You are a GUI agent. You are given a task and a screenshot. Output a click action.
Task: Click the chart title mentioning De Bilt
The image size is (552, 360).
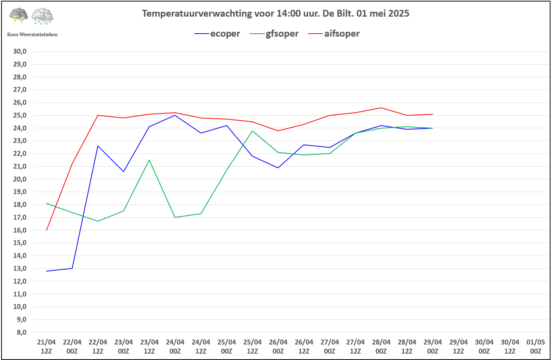click(x=275, y=14)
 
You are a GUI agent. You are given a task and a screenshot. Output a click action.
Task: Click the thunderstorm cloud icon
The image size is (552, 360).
click(x=19, y=16)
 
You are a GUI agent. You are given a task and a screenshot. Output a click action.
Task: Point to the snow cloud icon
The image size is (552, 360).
click(x=42, y=16)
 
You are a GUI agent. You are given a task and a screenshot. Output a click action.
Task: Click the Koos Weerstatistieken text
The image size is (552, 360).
click(x=32, y=34)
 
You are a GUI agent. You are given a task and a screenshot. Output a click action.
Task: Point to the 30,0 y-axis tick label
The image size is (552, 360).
click(x=20, y=51)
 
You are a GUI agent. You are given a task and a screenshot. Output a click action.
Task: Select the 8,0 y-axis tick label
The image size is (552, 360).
click(x=22, y=332)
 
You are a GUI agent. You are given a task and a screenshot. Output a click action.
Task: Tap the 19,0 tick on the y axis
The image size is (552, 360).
click(x=20, y=192)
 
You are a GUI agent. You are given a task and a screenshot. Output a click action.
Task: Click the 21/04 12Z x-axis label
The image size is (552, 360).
click(x=46, y=346)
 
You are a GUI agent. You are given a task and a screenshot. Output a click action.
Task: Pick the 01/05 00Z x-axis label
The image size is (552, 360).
click(x=535, y=346)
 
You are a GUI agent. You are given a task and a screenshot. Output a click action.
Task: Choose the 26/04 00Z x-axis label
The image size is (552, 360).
click(x=278, y=346)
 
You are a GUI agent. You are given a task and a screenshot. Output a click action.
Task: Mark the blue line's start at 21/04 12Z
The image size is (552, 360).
click(x=46, y=271)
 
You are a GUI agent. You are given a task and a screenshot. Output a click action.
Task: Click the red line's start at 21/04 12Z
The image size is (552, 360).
click(x=46, y=230)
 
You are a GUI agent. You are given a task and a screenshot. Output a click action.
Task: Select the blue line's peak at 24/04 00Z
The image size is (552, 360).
click(x=175, y=115)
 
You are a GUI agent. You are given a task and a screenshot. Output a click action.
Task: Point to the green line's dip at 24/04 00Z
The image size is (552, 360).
click(x=175, y=217)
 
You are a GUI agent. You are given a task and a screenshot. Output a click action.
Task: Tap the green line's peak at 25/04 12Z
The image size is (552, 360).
click(x=252, y=131)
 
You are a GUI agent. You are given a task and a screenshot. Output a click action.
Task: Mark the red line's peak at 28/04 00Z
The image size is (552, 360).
click(x=381, y=108)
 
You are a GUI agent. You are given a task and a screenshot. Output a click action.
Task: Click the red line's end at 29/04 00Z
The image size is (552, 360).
click(x=433, y=114)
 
